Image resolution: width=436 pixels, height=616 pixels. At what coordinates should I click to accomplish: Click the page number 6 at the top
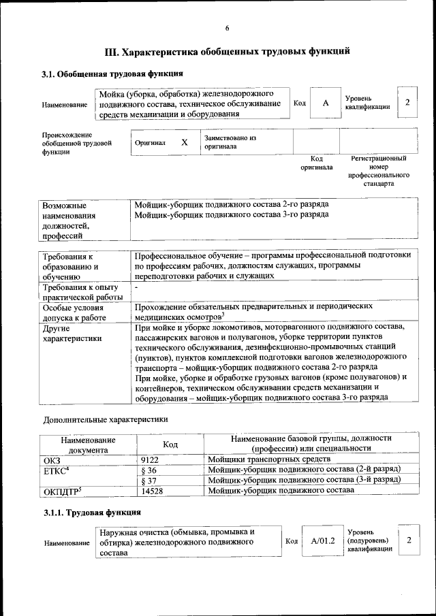point(227,27)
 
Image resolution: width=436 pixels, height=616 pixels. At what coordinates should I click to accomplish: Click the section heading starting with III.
point(227,51)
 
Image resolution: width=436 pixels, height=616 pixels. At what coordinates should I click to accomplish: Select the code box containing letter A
point(326,103)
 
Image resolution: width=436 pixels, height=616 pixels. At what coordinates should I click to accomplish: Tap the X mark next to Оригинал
point(184,143)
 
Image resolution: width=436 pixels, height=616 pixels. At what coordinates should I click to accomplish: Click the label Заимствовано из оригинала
point(230,142)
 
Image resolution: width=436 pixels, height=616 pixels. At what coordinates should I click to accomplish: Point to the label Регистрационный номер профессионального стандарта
point(379,171)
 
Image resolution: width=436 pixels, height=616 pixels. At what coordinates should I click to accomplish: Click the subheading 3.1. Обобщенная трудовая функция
point(112,74)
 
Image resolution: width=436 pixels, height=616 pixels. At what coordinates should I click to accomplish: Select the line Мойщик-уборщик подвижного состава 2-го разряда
point(232,204)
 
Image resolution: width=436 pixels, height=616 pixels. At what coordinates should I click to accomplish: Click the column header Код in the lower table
point(171,444)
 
